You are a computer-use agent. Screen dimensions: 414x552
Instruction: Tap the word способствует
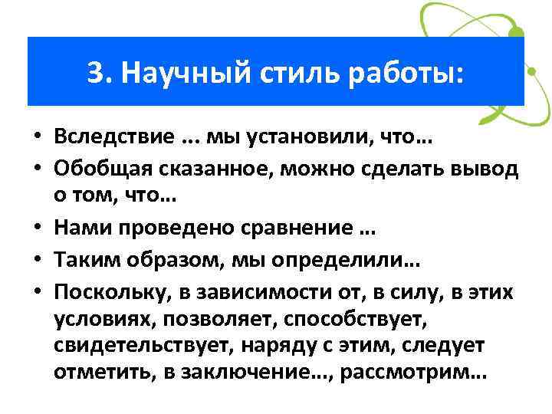tap(314, 320)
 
